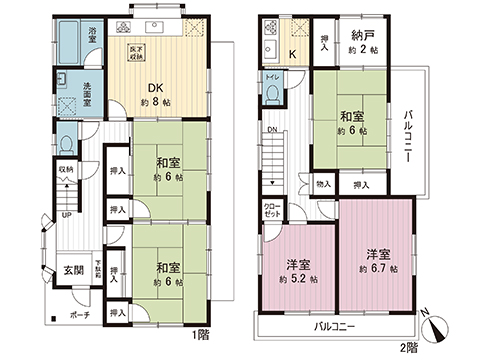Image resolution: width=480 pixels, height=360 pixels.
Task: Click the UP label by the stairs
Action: [x=66, y=214]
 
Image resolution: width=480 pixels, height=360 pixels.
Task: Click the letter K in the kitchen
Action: [x=291, y=53]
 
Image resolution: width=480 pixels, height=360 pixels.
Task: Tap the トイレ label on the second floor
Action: [x=273, y=76]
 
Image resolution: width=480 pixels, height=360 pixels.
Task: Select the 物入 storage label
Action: [x=323, y=184]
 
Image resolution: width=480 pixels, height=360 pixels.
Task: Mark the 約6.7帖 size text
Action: [x=378, y=267]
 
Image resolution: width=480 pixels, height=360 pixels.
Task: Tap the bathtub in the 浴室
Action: [x=65, y=45]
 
